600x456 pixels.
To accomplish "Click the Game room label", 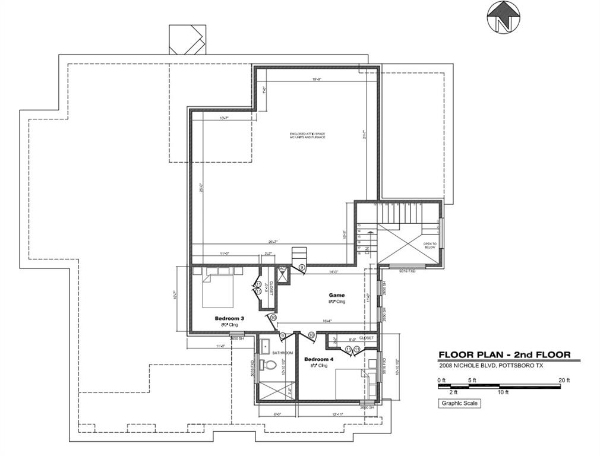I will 337,295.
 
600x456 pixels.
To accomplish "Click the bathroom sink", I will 265,347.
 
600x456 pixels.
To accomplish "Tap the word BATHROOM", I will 283,353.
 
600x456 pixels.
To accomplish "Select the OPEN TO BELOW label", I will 429,246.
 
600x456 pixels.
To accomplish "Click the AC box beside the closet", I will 283,269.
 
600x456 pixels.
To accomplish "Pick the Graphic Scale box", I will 459,403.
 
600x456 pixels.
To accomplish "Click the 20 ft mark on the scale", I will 564,380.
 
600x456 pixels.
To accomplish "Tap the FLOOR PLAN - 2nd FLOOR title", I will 504,355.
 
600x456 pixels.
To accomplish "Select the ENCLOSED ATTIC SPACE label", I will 308,135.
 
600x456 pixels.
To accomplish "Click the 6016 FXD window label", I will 408,271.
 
